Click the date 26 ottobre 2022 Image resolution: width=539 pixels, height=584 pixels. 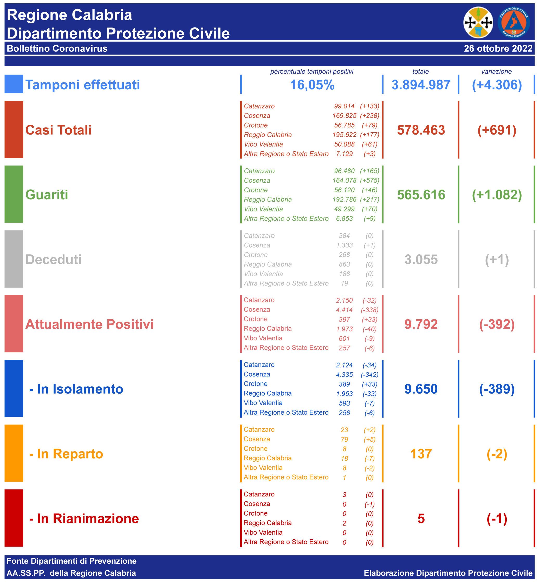498,48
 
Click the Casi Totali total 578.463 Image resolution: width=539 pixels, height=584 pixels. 421,130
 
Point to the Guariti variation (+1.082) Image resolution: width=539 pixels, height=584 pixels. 497,195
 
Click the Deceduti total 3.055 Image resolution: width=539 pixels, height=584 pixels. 421,260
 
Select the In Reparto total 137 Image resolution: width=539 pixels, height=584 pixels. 421,454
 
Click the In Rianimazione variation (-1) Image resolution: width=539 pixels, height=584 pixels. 497,519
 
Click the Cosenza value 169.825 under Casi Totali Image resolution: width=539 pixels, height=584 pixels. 344,116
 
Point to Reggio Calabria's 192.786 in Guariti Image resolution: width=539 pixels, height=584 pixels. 344,200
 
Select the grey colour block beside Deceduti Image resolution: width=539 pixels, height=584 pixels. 14,259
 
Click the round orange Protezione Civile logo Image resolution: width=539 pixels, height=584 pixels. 513,23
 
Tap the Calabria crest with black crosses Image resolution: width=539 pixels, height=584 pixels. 478,23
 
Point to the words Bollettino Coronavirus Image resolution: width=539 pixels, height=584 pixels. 57,48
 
